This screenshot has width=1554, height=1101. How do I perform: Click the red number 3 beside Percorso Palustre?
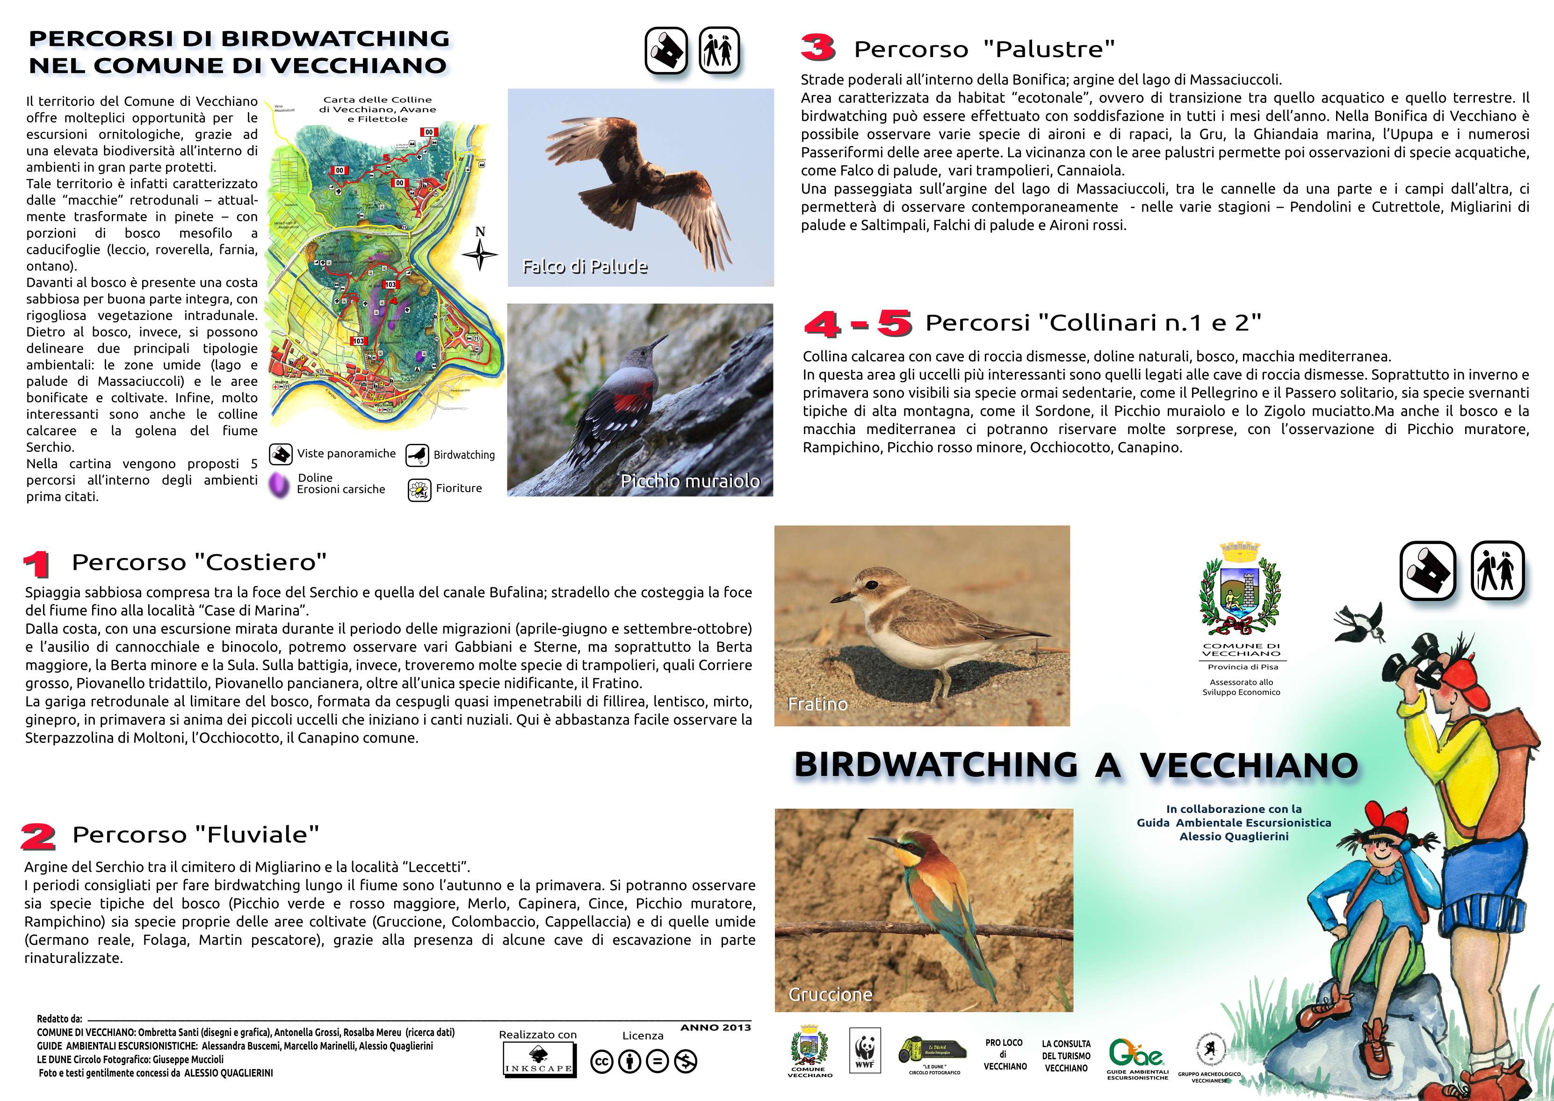[x=818, y=48]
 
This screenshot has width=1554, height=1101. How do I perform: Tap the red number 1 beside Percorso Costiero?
[x=36, y=564]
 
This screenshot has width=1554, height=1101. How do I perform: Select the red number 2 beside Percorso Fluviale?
[x=38, y=837]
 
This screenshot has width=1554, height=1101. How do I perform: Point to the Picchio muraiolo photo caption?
[x=690, y=481]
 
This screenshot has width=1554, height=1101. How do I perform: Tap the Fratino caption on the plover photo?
[x=817, y=704]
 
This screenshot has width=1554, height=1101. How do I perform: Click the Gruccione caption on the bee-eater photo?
[x=830, y=994]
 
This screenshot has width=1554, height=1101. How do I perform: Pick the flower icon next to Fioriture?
[x=419, y=490]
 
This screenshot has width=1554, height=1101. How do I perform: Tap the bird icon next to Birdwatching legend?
[x=417, y=455]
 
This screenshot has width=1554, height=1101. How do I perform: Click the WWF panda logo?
[x=864, y=1050]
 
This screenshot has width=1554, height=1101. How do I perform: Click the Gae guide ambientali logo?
[x=1136, y=1054]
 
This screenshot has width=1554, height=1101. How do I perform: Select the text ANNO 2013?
[x=716, y=1028]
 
